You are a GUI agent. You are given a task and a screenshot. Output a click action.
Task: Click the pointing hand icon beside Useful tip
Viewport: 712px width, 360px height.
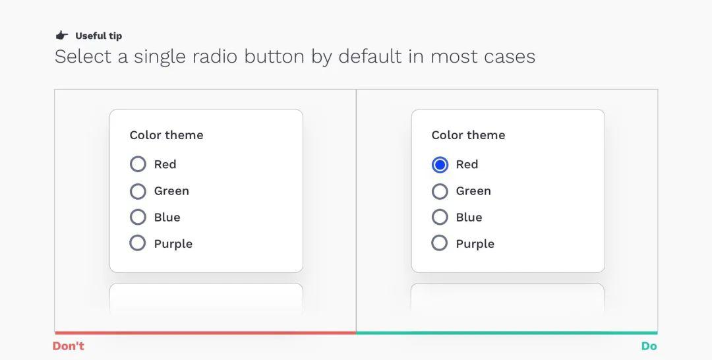62,36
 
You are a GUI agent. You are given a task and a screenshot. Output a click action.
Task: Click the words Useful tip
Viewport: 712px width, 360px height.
98,36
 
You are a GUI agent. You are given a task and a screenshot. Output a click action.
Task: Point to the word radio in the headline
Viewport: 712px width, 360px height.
215,57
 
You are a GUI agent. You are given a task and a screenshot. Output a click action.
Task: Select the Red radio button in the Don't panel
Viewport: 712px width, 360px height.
138,164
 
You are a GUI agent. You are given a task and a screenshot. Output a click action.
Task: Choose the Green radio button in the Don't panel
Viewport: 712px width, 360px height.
138,191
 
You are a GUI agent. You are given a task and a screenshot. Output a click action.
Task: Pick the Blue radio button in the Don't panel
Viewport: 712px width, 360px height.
138,217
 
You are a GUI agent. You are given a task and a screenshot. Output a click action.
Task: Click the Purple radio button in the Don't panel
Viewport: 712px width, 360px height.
138,243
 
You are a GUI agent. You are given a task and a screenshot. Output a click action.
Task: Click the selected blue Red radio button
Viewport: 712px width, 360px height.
440,164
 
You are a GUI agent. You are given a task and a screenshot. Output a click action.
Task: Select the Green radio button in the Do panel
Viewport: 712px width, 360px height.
440,191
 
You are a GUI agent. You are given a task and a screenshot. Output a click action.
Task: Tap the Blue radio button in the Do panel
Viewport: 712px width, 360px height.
440,217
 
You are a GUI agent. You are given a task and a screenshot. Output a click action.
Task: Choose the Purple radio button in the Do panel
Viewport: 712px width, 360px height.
439,243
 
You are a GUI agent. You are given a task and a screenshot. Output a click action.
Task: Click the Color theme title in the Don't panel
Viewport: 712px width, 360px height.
167,135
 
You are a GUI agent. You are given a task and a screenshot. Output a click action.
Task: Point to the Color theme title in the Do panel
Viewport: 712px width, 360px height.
468,135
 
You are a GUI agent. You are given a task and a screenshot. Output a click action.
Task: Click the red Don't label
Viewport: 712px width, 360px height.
69,346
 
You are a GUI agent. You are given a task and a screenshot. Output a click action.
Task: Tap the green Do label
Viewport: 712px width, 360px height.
649,346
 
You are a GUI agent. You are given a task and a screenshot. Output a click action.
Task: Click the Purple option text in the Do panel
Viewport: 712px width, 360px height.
475,244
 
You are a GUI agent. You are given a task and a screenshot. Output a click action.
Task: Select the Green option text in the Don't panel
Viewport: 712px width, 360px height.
171,191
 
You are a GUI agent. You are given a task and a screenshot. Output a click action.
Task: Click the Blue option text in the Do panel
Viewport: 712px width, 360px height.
469,217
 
